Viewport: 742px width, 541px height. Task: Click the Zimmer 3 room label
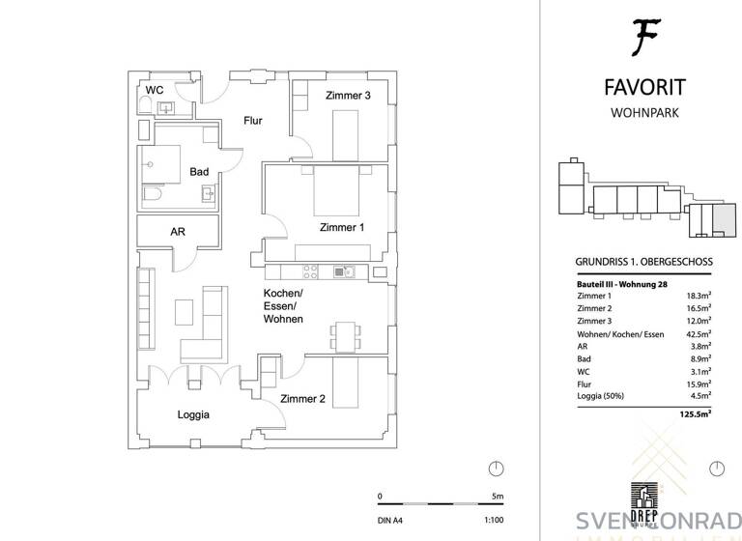coord(348,96)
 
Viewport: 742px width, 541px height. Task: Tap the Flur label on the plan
coord(251,120)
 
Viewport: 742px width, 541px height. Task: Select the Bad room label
coord(199,171)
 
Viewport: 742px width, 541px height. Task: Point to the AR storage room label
coord(178,232)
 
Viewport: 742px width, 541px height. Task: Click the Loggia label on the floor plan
coord(193,414)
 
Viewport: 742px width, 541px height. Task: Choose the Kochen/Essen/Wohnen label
coord(284,305)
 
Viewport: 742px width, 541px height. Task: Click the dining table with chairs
coord(344,333)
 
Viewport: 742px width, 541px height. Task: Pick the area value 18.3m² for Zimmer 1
coord(698,296)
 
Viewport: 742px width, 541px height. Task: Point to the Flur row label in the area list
coord(584,383)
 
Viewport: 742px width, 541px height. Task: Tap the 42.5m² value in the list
coord(698,333)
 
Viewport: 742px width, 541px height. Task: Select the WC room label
coord(154,91)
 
